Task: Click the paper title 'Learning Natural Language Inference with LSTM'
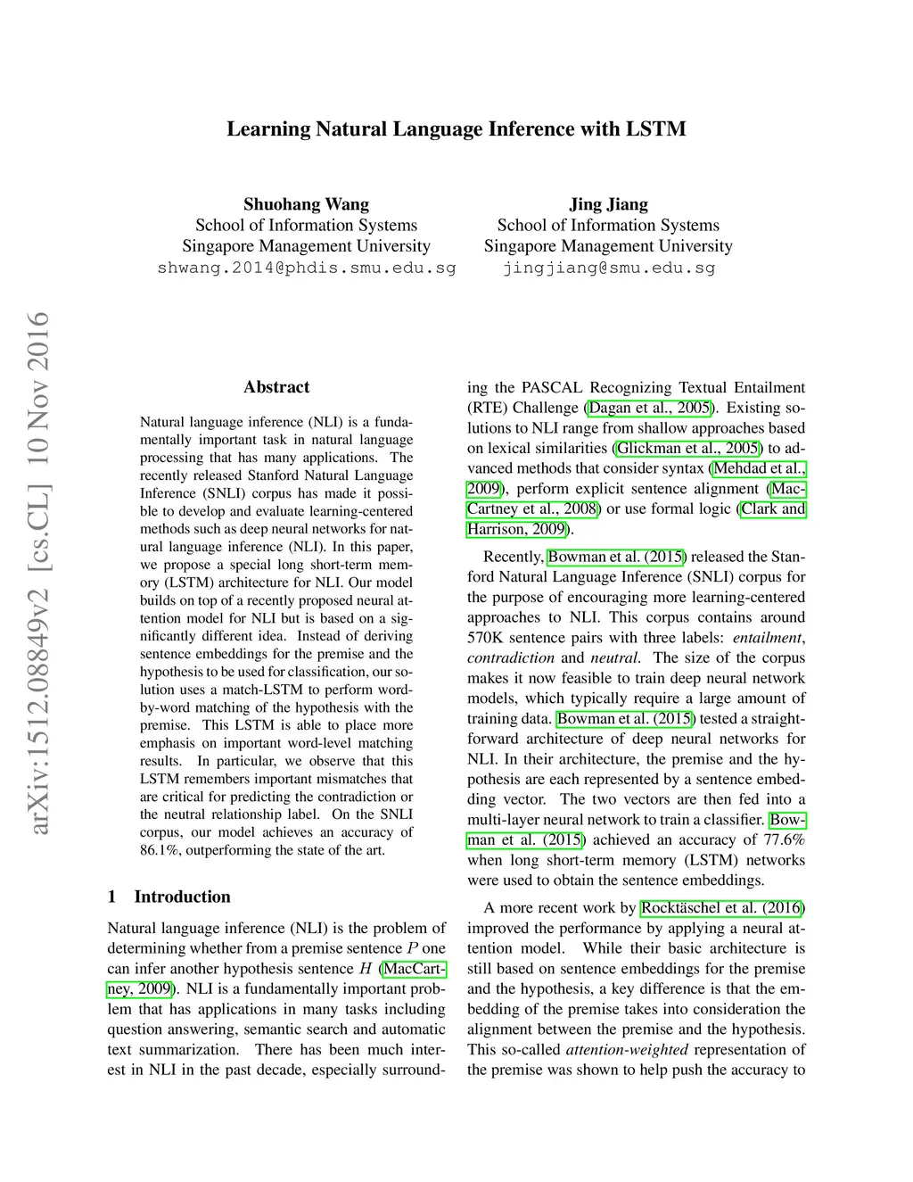456,129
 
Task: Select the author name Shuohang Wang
306,204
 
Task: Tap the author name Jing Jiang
608,204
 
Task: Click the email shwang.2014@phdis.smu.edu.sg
306,268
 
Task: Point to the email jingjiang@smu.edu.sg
608,268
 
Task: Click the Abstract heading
276,387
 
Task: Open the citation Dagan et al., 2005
649,408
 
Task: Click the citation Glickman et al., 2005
688,448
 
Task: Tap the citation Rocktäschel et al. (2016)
722,908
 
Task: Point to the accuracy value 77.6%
784,839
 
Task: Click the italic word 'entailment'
767,638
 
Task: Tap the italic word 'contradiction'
510,658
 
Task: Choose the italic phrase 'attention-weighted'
627,1050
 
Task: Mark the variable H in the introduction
366,969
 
